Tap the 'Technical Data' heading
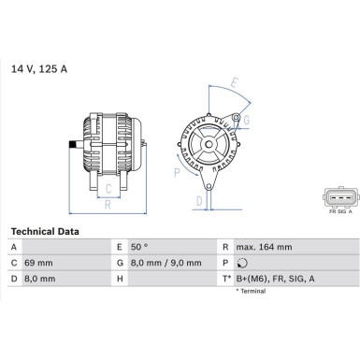coord(44,231)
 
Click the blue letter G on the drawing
coord(245,120)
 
